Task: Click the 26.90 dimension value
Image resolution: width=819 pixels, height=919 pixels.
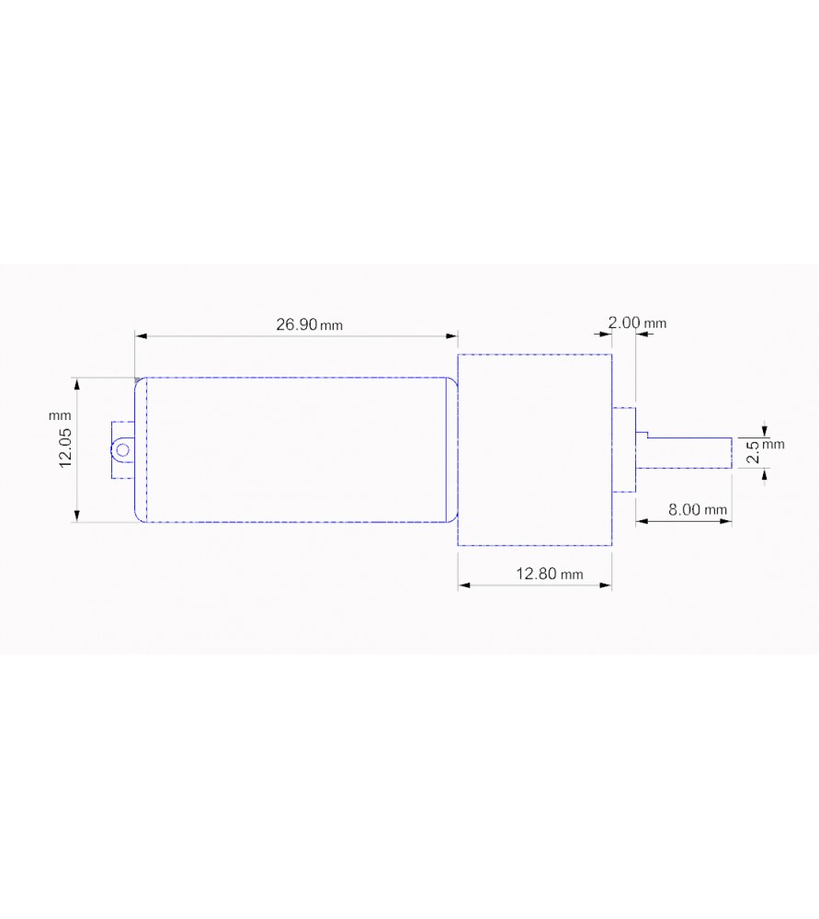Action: (296, 324)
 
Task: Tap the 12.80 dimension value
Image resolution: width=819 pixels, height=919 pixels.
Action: (535, 573)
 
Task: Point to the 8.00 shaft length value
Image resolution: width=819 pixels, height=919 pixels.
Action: (685, 509)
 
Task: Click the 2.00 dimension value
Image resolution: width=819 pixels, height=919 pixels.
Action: (624, 323)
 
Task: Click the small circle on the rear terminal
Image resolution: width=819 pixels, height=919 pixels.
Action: (120, 449)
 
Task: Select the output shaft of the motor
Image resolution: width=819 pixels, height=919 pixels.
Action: (689, 452)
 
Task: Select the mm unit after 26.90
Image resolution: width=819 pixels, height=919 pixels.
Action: (333, 326)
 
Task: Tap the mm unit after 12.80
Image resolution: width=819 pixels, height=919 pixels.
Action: (572, 575)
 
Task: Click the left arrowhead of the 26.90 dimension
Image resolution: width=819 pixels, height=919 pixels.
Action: (141, 336)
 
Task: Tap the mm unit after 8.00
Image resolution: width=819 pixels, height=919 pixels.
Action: (717, 510)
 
